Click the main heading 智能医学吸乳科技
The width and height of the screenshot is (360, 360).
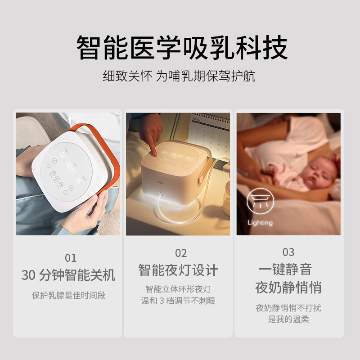pos(180,49)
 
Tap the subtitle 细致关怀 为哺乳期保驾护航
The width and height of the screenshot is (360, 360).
pos(179,76)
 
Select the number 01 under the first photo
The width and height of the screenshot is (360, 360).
pos(71,258)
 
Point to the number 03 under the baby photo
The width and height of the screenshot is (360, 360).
pos(288,252)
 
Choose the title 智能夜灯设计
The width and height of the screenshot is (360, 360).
pos(178,270)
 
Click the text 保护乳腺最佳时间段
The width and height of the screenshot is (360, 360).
pos(68,296)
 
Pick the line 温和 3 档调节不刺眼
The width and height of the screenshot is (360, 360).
pos(178,301)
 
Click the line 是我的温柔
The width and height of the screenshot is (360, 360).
pos(288,319)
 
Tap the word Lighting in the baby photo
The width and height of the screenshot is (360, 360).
pos(260,223)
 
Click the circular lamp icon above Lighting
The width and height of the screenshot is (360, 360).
pos(260,202)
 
